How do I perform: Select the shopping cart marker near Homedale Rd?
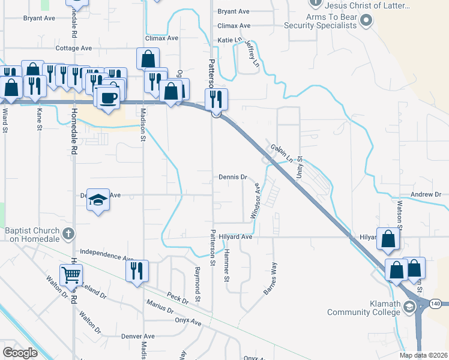click(71, 275)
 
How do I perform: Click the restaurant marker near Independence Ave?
click(137, 271)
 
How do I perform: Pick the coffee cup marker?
click(108, 98)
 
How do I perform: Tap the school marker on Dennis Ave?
click(98, 200)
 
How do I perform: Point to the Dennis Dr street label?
click(233, 177)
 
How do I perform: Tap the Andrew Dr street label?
click(426, 194)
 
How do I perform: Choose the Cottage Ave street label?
click(73, 47)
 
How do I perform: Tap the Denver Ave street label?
click(138, 336)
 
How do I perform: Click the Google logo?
click(20, 352)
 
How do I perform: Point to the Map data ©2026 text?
click(423, 355)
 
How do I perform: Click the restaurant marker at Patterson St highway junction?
click(216, 99)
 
